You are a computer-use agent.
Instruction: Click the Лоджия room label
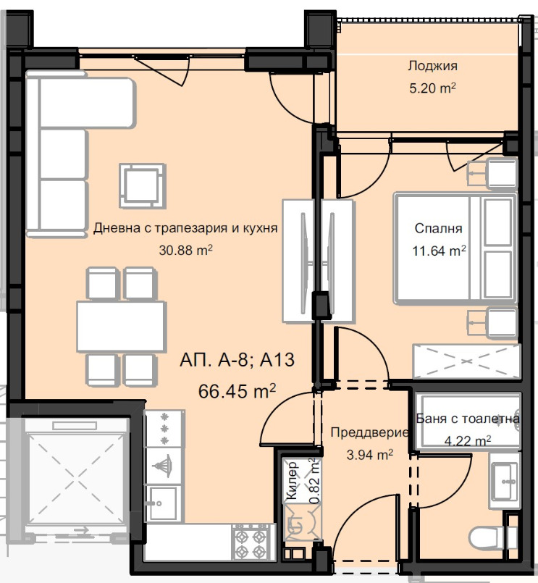click(432, 67)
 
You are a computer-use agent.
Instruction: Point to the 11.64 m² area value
click(439, 251)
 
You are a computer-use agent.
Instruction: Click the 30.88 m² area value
click(185, 251)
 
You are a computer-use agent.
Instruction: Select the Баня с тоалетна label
click(468, 419)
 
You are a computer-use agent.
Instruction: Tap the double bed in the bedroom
click(455, 248)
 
